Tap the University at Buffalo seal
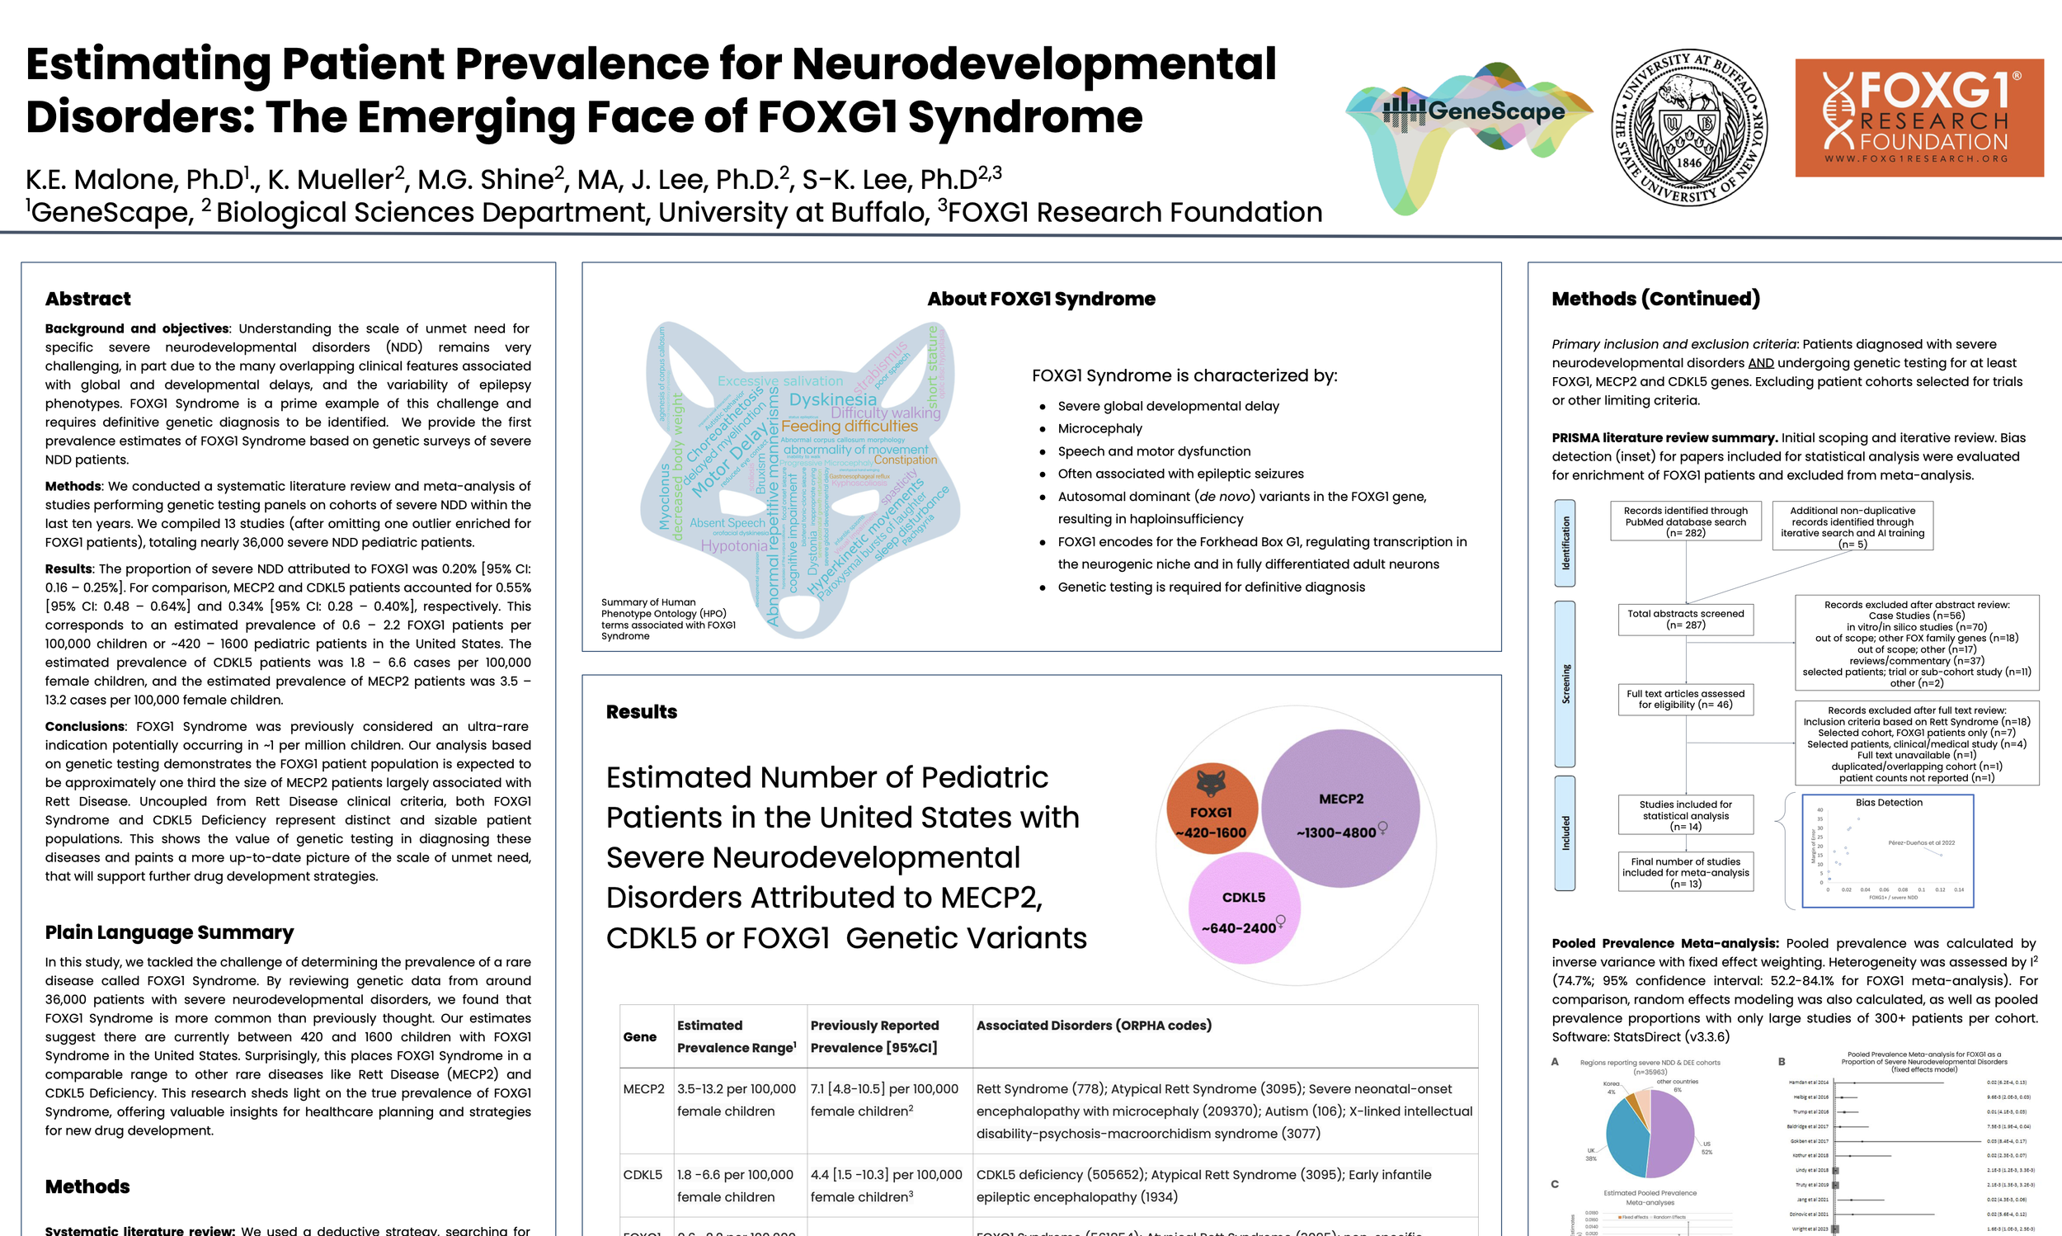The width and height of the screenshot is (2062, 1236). (1689, 126)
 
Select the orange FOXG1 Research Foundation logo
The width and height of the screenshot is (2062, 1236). (1918, 117)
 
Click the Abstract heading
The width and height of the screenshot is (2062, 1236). (88, 299)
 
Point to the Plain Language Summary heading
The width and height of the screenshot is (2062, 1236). (169, 932)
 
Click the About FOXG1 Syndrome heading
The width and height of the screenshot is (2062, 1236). (1041, 299)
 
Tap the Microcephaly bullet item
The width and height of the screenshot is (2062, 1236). (1099, 428)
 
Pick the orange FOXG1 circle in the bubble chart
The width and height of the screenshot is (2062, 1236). (1212, 809)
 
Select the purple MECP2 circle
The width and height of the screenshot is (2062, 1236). (1340, 808)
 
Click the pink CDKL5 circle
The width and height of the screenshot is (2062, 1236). (1244, 908)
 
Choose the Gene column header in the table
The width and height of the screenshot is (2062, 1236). (639, 1037)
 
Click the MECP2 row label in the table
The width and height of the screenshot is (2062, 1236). (643, 1088)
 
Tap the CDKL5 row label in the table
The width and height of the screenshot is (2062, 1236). (643, 1174)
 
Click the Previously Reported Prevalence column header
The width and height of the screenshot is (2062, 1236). (874, 1036)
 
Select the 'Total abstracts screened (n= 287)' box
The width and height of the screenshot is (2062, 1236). (1686, 619)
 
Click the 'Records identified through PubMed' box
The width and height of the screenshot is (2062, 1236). (1686, 521)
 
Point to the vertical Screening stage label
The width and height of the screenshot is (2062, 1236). (1565, 684)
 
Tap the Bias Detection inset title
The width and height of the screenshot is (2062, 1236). (1889, 803)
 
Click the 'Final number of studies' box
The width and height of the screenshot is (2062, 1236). (1686, 872)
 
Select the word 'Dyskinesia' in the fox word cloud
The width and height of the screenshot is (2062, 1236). (832, 400)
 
